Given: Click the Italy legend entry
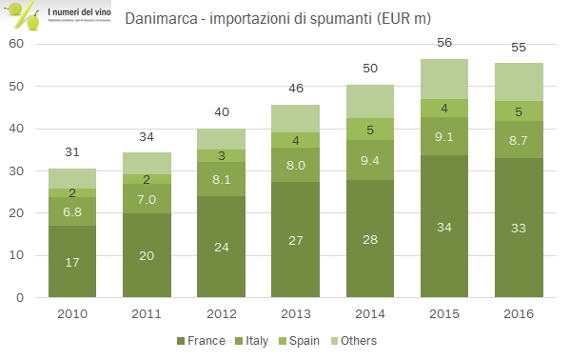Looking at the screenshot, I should (x=254, y=341).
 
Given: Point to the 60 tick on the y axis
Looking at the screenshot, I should (x=16, y=44).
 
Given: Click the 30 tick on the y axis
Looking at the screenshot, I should (x=16, y=171).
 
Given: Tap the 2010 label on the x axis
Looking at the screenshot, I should (x=73, y=312).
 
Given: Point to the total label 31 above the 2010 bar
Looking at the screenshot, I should (x=73, y=151).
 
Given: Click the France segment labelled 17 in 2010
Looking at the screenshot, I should (x=73, y=262).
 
